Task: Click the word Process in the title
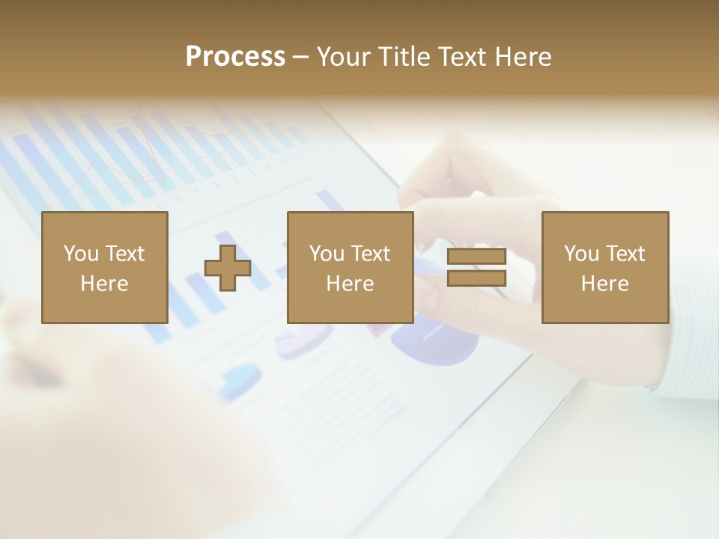click(x=235, y=57)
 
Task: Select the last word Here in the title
click(x=524, y=57)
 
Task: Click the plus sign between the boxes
click(x=228, y=268)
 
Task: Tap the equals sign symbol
click(x=476, y=268)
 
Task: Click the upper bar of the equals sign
click(x=476, y=258)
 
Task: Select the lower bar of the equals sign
click(x=476, y=278)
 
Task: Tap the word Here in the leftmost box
click(x=105, y=284)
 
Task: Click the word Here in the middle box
click(x=351, y=284)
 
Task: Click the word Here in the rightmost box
click(x=605, y=284)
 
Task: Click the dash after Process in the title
click(x=300, y=57)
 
